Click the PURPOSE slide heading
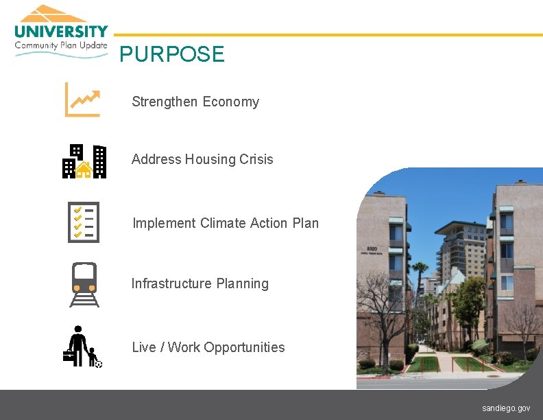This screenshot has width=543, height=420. (171, 54)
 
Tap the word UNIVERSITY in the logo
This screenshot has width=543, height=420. (61, 31)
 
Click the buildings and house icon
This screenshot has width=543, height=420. (84, 161)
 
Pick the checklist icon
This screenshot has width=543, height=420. (84, 222)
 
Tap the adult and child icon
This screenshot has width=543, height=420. (82, 346)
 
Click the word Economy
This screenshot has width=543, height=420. (231, 102)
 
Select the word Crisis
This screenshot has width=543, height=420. (256, 159)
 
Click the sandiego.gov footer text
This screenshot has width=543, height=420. (506, 408)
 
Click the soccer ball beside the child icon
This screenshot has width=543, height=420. (99, 364)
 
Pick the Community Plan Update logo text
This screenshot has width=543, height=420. (61, 45)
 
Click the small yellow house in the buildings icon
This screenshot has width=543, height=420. (84, 169)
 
